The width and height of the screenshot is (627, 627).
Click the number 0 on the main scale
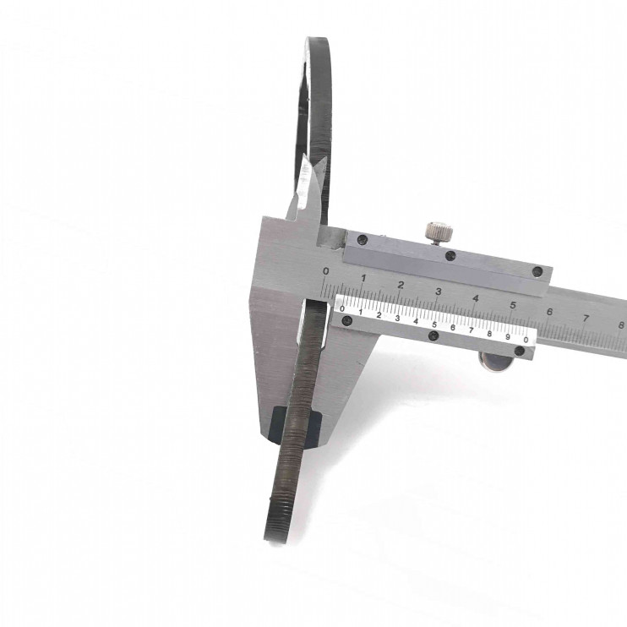(326, 271)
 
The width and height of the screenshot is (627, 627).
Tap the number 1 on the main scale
(363, 278)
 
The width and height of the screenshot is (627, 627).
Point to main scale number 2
(401, 285)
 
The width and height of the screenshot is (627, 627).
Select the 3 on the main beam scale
(439, 292)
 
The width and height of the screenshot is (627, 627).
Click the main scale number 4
(476, 298)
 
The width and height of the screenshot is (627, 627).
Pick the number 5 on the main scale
(513, 305)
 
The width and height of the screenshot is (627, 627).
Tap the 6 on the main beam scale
(549, 312)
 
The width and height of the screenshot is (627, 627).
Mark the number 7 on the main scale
(586, 319)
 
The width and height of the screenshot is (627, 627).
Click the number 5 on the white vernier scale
(434, 324)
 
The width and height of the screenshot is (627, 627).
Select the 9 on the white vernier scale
(508, 336)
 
